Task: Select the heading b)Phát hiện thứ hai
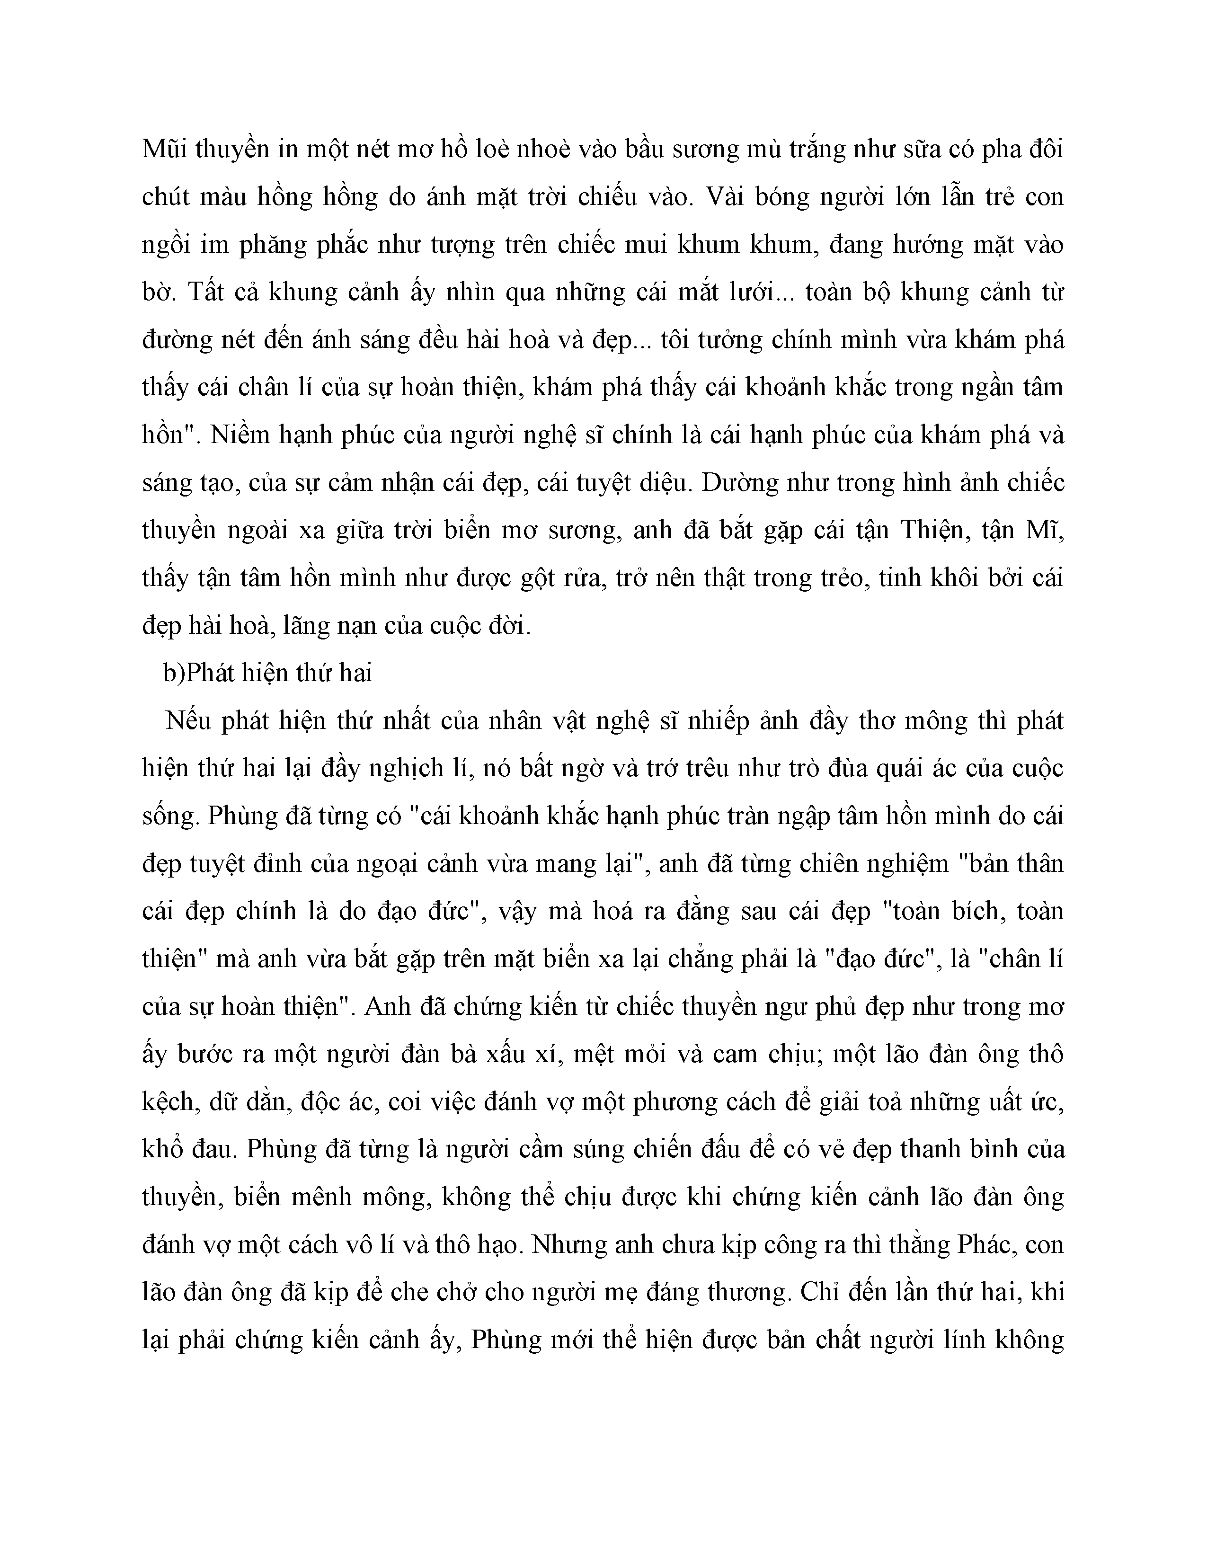[267, 673]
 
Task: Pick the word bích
[962, 911]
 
